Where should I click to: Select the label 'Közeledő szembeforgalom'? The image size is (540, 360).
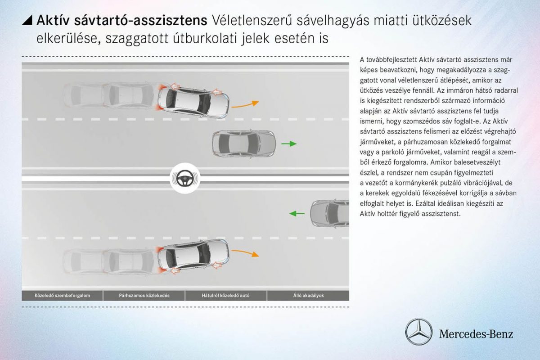[x=63, y=296]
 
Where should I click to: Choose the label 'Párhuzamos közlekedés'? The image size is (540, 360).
[x=144, y=296]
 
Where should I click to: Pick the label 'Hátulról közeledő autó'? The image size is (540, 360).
[x=226, y=296]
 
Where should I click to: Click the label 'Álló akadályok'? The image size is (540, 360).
[x=308, y=296]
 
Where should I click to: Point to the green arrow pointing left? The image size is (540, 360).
[x=297, y=213]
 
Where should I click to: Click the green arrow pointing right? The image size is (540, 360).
[x=289, y=144]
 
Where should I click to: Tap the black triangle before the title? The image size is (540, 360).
[x=27, y=20]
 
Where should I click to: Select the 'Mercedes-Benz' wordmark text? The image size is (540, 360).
[x=476, y=334]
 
